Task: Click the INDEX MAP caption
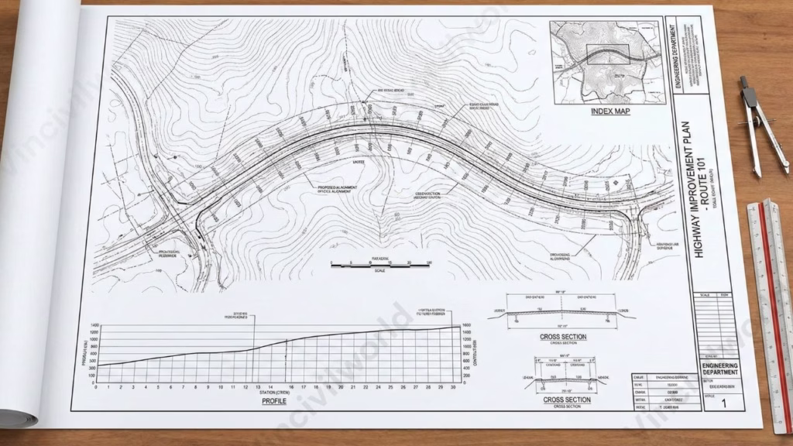(610, 111)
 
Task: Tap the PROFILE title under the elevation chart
(274, 401)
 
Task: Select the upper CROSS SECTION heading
(563, 337)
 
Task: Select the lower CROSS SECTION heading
(568, 400)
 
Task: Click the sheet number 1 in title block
(724, 403)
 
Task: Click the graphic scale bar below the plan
(379, 265)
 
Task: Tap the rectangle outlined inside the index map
(608, 53)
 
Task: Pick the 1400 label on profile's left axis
(93, 325)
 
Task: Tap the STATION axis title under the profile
(274, 393)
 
